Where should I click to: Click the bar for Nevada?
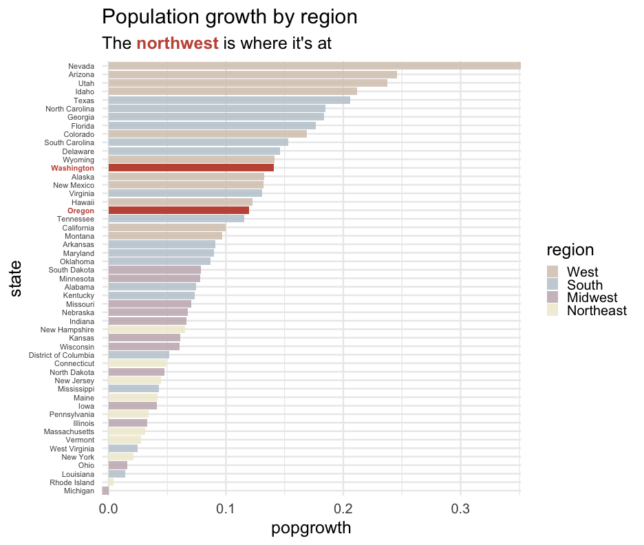(x=314, y=66)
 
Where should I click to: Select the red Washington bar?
(x=191, y=168)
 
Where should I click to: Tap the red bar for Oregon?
(x=178, y=211)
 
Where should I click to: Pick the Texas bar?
(x=229, y=100)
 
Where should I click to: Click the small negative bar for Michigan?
(x=105, y=491)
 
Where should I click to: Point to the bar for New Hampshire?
(x=147, y=330)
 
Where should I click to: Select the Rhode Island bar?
(x=111, y=482)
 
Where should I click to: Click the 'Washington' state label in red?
(x=72, y=168)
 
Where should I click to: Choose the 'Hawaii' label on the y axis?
(x=83, y=202)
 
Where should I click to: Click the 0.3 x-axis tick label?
(x=461, y=510)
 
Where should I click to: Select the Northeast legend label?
(x=597, y=311)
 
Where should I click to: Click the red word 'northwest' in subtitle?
(x=178, y=43)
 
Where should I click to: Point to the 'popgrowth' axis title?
(x=312, y=528)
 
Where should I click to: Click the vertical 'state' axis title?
(x=17, y=279)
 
